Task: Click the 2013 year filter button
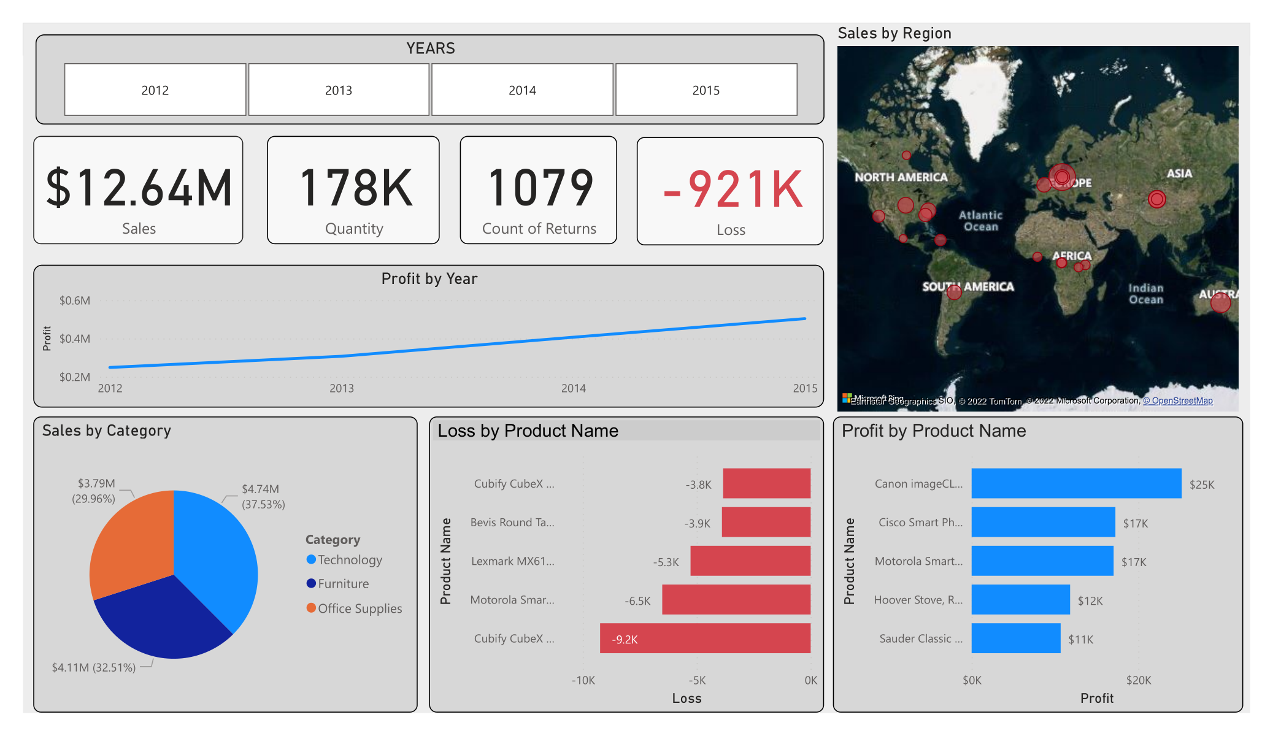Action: [x=338, y=90]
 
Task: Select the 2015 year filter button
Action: [x=706, y=90]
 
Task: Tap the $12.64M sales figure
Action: [x=139, y=188]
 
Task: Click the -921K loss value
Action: [x=733, y=190]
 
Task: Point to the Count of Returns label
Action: [x=539, y=229]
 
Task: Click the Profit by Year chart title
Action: [x=429, y=279]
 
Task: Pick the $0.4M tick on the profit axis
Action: [x=74, y=339]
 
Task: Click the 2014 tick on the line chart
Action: [x=573, y=388]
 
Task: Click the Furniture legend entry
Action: [x=343, y=584]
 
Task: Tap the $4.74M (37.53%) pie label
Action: [x=263, y=497]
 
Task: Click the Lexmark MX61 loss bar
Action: [x=750, y=561]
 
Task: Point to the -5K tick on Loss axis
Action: [x=697, y=680]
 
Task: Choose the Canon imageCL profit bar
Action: [x=1075, y=483]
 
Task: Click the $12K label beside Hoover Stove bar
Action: [x=1090, y=601]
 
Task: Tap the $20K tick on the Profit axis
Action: [x=1138, y=680]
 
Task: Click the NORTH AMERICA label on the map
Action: [x=901, y=177]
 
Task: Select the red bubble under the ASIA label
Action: [x=1156, y=199]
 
